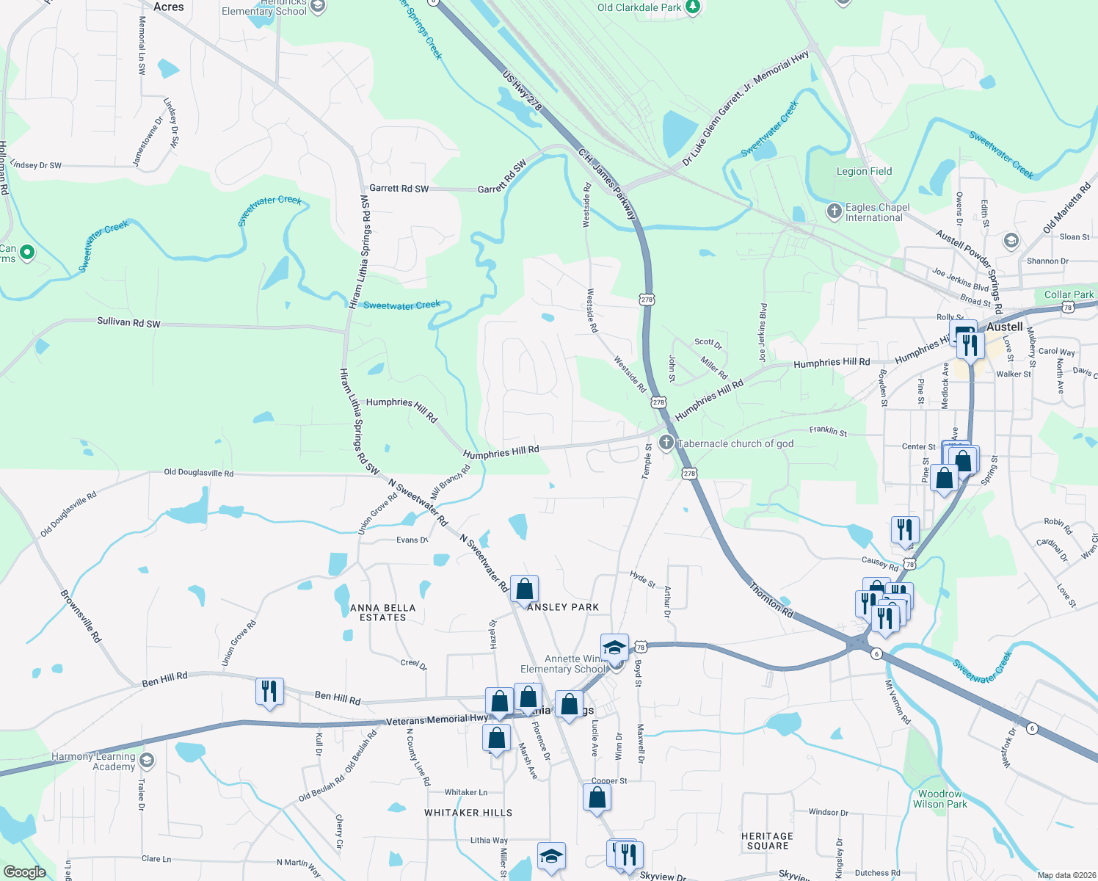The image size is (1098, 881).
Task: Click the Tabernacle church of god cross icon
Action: pos(666,442)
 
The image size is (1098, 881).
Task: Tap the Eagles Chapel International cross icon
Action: pos(834,211)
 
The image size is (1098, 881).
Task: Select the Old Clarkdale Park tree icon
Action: pos(693,7)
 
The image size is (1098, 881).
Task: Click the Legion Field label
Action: pos(864,171)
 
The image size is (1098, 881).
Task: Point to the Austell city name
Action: pos(1004,327)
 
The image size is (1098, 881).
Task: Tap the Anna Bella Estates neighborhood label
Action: pos(382,612)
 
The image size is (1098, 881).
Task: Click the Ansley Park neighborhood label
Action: pos(563,607)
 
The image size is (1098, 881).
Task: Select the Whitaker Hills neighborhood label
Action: pos(468,813)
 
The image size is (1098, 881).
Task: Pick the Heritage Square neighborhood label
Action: pos(767,841)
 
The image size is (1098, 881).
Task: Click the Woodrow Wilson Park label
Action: pos(939,799)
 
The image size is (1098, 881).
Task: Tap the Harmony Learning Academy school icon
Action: pos(146,760)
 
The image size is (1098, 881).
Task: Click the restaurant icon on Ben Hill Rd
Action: pos(269,692)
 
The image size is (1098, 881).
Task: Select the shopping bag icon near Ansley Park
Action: pos(524,589)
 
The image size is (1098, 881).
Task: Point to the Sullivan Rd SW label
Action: pos(128,322)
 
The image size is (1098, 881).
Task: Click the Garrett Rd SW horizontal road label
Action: pos(399,188)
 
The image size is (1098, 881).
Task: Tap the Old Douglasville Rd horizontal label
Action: pos(198,473)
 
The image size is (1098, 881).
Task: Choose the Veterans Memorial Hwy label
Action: pos(437,719)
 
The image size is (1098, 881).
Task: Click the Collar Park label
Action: pos(1069,294)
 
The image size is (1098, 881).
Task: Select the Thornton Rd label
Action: pos(771,599)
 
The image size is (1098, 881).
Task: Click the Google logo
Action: pos(25,871)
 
